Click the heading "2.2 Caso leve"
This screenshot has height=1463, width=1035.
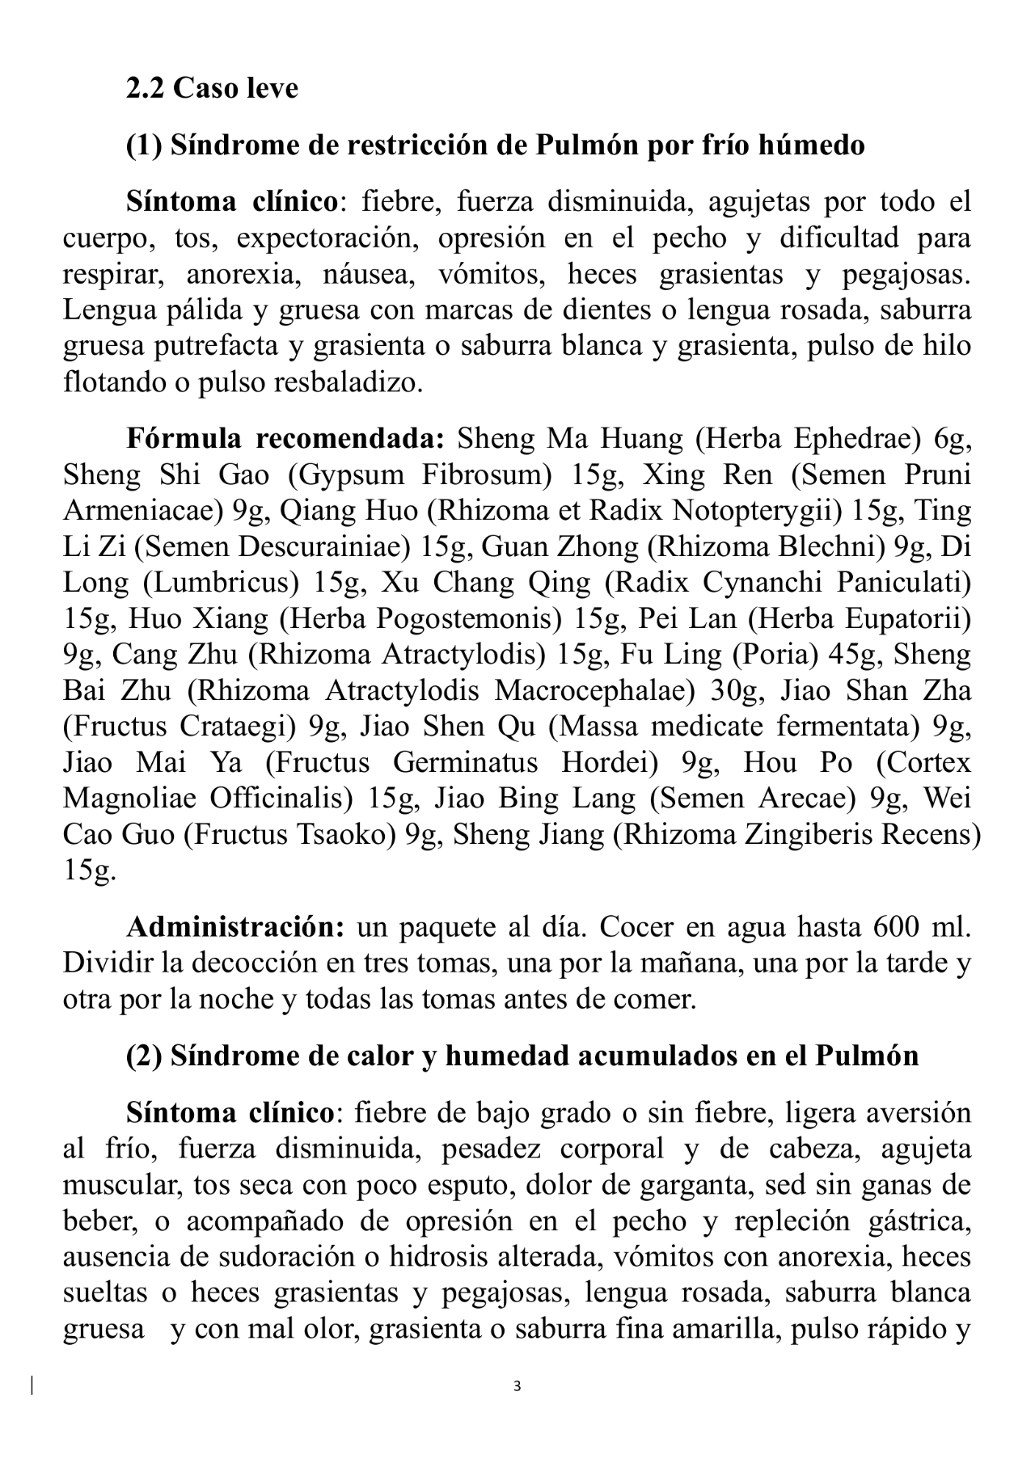pyautogui.click(x=212, y=88)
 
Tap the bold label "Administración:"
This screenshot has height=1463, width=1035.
pyautogui.click(x=235, y=927)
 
